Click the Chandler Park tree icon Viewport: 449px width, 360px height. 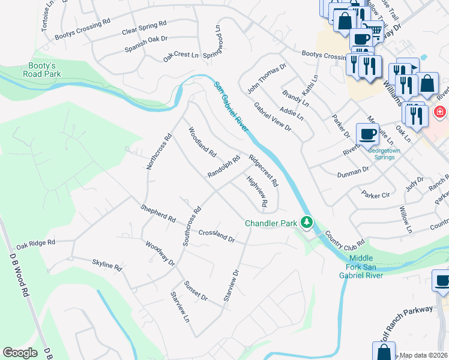(307, 223)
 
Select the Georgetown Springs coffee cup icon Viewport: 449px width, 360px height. (367, 134)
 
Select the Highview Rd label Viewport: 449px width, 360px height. (255, 191)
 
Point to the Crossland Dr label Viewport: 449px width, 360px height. (216, 235)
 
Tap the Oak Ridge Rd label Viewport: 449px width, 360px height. (35, 244)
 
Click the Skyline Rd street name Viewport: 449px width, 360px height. (107, 264)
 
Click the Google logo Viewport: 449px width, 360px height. (20, 352)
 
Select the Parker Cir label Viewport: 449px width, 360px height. (375, 194)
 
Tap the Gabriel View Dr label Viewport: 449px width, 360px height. (273, 117)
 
